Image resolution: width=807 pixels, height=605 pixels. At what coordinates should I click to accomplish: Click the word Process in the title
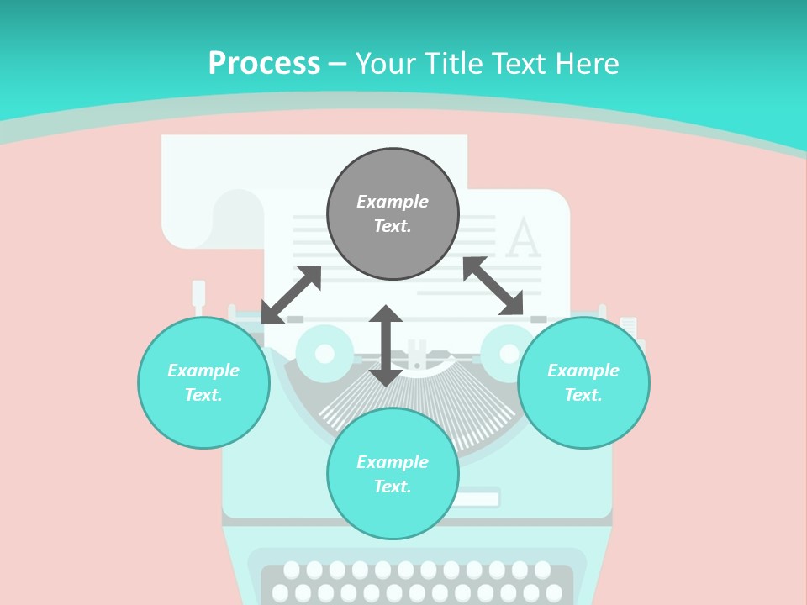point(264,64)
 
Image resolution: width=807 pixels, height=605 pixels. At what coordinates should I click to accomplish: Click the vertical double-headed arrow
point(386,345)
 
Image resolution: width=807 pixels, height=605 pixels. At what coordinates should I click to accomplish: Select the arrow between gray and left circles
point(292,294)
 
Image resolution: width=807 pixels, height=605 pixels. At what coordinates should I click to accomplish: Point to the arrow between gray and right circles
point(493,286)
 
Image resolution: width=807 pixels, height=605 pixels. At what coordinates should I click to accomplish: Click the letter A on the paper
point(523,239)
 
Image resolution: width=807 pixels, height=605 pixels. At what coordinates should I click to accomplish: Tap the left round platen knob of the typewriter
point(324,353)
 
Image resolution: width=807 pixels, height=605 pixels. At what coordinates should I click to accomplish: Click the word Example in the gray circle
point(393,202)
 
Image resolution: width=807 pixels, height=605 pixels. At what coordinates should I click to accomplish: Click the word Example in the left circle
point(203,371)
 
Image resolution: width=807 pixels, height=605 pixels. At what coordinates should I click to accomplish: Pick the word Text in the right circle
point(583,395)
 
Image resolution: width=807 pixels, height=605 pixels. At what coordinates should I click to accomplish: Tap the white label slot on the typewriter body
point(476,499)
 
